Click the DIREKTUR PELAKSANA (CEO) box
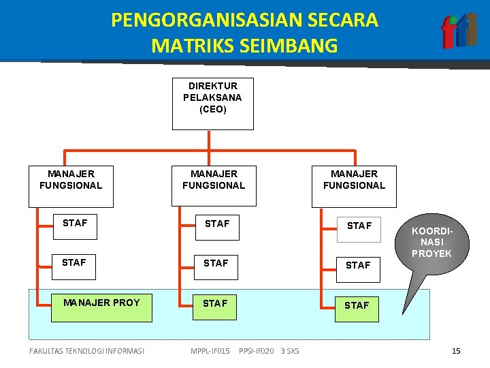pos(212,104)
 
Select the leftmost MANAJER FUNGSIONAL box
pos(71,186)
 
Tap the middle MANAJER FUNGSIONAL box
pos(214,186)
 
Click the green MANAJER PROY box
pos(103,308)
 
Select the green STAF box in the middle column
pos(216,308)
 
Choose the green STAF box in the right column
pos(357,308)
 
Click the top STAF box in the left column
pos(75,226)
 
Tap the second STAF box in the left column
pos(74,266)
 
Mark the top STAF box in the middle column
pos(216,226)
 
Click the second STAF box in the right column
pos(358,266)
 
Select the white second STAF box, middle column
pos(216,266)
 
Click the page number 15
pos(456,351)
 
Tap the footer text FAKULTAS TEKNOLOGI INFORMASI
pos(86,351)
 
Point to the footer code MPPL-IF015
pos(210,351)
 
